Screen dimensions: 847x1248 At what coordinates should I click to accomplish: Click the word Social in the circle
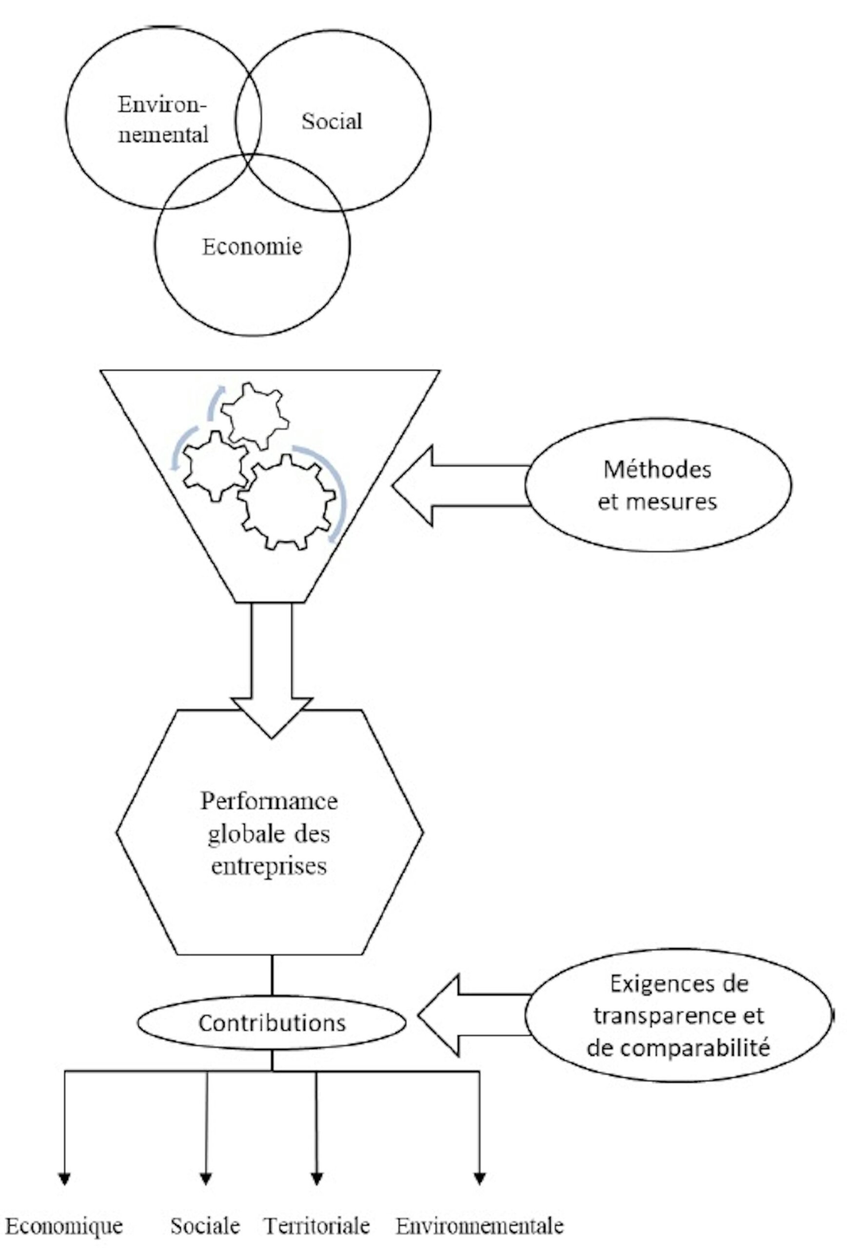[332, 121]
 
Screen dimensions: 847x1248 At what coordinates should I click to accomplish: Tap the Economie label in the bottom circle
[252, 247]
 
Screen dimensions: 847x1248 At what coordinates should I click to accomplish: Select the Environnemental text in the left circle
[163, 119]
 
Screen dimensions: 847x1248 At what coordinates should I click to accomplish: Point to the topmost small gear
[255, 416]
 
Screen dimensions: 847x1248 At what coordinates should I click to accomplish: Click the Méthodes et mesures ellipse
[657, 485]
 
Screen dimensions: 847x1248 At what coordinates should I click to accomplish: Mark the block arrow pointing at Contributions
[473, 1015]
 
